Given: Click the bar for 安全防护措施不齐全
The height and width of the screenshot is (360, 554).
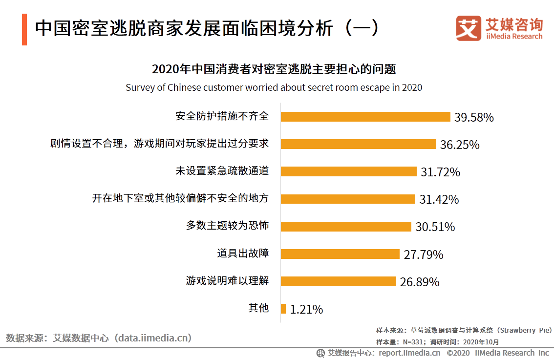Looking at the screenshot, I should (365, 117).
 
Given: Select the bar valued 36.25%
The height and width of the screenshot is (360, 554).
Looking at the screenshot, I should (358, 144).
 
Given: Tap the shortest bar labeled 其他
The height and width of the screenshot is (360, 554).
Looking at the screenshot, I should (283, 309).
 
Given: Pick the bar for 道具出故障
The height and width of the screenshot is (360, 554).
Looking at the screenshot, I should (341, 254).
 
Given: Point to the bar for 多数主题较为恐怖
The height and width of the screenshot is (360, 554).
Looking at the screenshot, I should (346, 227).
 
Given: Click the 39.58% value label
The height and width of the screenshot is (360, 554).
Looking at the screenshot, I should (474, 118).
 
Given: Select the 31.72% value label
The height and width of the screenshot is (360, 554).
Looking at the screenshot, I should (440, 172).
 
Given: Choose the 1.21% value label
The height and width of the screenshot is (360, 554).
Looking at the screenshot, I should (306, 310).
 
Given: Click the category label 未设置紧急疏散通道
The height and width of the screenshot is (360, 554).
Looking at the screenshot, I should (222, 171).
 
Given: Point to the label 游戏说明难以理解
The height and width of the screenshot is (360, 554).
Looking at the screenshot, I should (227, 281).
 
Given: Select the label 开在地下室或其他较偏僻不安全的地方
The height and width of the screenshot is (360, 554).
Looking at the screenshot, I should (180, 198).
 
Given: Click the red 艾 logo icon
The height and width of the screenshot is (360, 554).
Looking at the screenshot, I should (469, 28).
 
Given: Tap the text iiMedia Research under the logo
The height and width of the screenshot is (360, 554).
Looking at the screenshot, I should (514, 37).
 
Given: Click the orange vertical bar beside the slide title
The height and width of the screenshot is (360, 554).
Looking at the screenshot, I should (24, 30).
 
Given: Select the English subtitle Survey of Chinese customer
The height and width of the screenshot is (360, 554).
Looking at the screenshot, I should (274, 88).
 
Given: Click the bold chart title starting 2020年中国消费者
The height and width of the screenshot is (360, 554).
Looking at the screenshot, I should (274, 69).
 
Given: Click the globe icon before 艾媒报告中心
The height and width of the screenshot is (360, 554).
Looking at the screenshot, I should (320, 353).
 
